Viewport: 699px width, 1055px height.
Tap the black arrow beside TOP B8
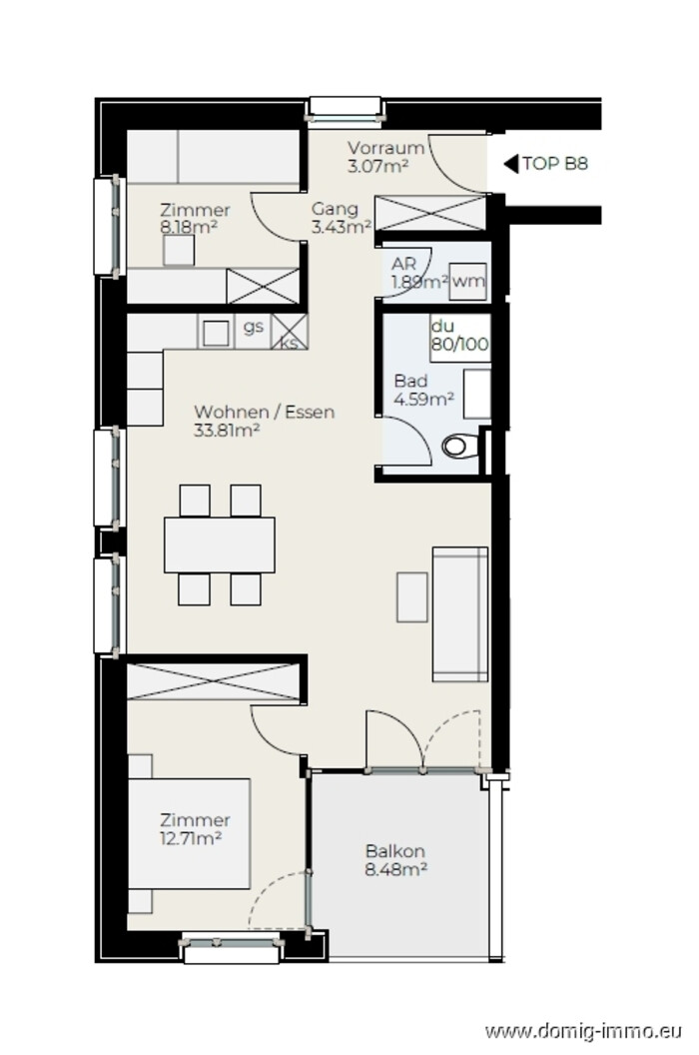click(x=511, y=164)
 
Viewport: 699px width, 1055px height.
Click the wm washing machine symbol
click(x=467, y=282)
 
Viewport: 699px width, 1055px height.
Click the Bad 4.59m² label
click(x=423, y=391)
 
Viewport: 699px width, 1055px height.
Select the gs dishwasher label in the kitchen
click(x=253, y=327)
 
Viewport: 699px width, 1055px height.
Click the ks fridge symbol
click(x=290, y=331)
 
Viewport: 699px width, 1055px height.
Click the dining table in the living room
click(x=220, y=545)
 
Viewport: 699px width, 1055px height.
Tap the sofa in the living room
click(x=460, y=614)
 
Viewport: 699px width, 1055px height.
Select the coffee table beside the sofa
click(x=411, y=596)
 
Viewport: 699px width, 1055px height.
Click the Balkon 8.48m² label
click(x=395, y=860)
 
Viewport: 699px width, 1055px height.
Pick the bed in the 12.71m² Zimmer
click(x=189, y=833)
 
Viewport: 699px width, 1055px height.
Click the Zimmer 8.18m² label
click(x=195, y=218)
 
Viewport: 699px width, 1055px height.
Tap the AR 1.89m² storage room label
click(x=419, y=273)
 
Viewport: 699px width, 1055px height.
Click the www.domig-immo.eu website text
click(x=583, y=1030)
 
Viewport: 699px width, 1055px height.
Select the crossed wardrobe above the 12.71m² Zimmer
click(x=214, y=681)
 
